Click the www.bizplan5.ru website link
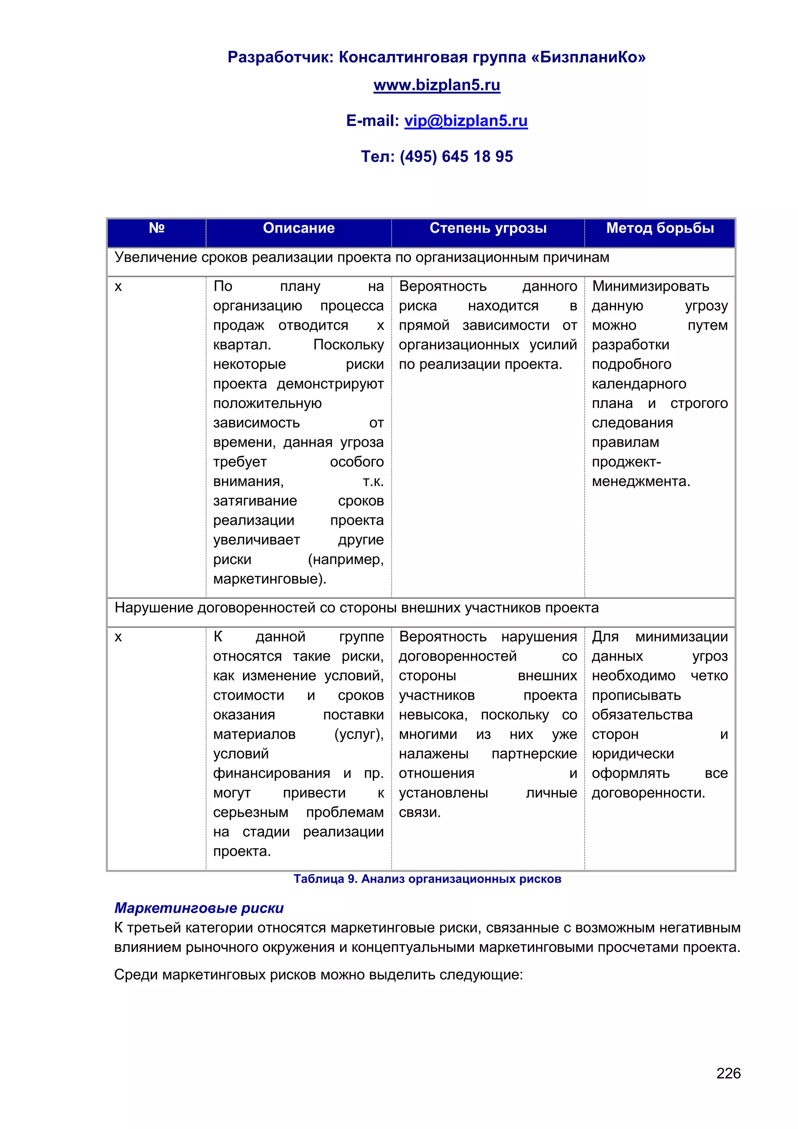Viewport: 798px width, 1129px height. [x=436, y=85]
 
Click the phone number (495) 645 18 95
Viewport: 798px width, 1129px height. [x=456, y=156]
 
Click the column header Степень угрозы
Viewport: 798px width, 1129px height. [x=487, y=228]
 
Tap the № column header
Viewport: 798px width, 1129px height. [x=156, y=228]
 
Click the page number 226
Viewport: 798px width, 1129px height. [x=728, y=1073]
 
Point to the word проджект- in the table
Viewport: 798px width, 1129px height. [x=626, y=462]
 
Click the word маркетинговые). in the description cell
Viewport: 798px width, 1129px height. [x=269, y=579]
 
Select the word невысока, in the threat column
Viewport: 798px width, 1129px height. [x=433, y=715]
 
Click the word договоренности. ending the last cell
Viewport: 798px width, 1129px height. [x=648, y=793]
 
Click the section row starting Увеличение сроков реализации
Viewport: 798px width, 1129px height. [x=362, y=258]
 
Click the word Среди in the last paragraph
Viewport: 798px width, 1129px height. [x=136, y=975]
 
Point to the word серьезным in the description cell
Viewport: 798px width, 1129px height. [x=251, y=812]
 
